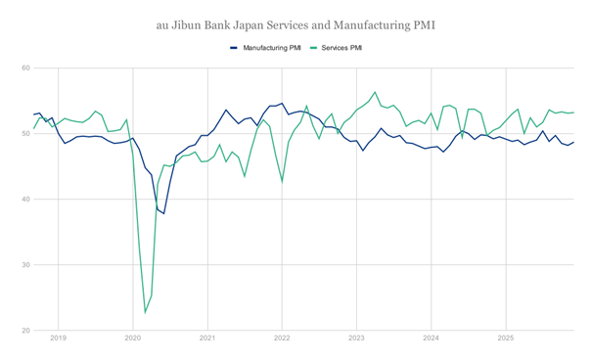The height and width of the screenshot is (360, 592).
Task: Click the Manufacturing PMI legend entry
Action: coord(264,47)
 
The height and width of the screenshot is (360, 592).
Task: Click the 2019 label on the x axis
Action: coord(58,338)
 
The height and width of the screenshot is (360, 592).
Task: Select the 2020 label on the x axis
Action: coord(133,338)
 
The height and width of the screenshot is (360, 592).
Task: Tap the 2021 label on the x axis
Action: coord(207,338)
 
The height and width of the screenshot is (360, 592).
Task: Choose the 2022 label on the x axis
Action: coord(282,338)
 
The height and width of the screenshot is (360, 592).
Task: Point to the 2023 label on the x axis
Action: coord(356,338)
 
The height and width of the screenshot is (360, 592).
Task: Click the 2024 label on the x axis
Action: coord(431,338)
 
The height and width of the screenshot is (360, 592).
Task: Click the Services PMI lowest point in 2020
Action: coord(146,313)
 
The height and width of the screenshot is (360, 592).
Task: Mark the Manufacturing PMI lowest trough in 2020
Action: coord(163,213)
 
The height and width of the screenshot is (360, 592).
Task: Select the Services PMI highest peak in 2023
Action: coord(375,92)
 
